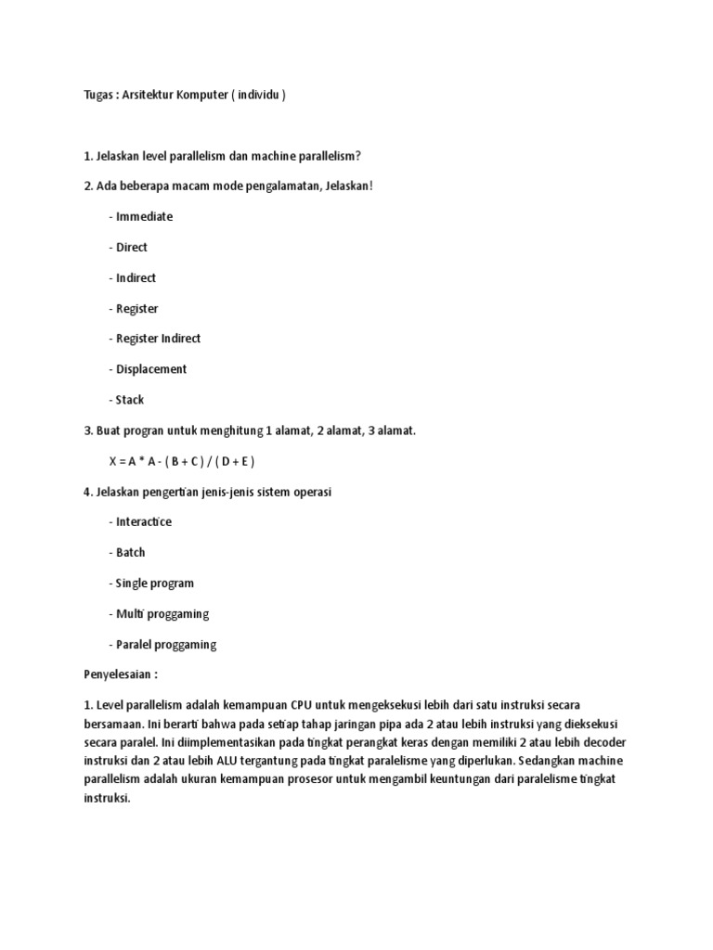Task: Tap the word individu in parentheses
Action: point(257,95)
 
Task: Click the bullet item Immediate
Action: point(144,216)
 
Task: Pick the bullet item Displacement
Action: point(150,369)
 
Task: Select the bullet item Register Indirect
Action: point(158,339)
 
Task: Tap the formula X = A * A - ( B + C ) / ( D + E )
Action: point(182,461)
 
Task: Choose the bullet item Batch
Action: point(130,553)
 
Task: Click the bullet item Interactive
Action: point(144,522)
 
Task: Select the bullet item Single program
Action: point(154,584)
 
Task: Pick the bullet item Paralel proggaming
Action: point(165,645)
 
